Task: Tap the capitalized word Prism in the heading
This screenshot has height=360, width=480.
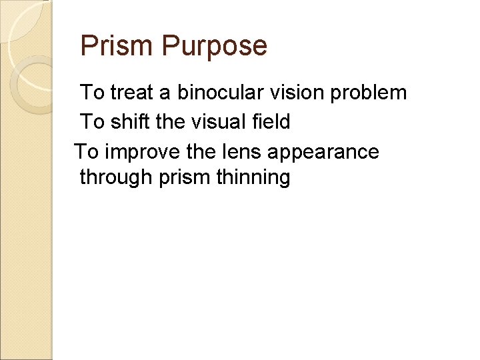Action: (117, 46)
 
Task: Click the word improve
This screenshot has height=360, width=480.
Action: (141, 152)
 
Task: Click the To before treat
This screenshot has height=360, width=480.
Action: (92, 92)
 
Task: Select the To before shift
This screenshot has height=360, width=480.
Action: (92, 121)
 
